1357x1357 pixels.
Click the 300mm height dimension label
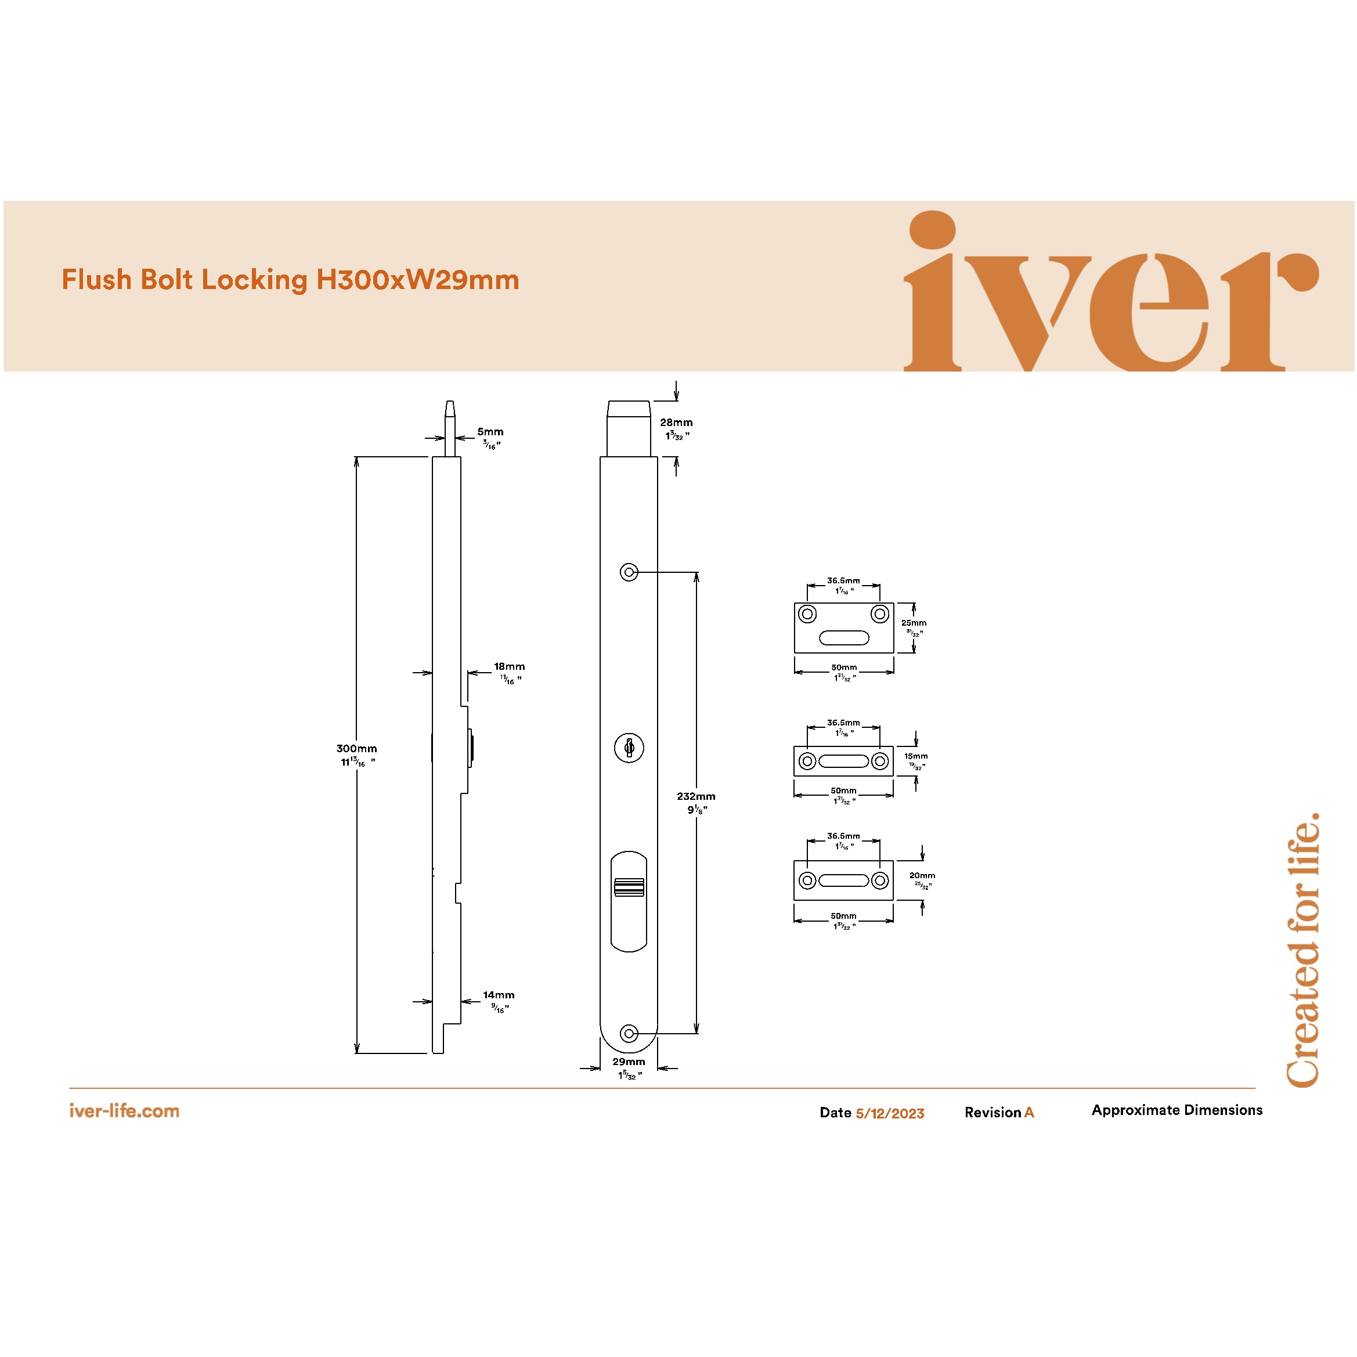357,749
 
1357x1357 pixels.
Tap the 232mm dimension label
696,796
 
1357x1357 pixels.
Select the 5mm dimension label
490,432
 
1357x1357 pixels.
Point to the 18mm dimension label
509,666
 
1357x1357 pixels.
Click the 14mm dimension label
499,995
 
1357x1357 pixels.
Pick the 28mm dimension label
676,423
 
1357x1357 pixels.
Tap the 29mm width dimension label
629,1062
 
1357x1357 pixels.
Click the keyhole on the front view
629,748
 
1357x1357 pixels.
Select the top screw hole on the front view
629,572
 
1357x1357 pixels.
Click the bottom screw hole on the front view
629,1034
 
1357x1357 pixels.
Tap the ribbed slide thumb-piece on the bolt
629,888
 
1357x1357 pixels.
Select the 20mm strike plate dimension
922,876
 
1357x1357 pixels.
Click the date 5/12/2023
890,1113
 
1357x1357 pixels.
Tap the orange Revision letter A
1029,1113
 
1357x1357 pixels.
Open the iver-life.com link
124,1111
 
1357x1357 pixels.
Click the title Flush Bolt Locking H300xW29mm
290,280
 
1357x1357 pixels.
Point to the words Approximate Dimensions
1176,1110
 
